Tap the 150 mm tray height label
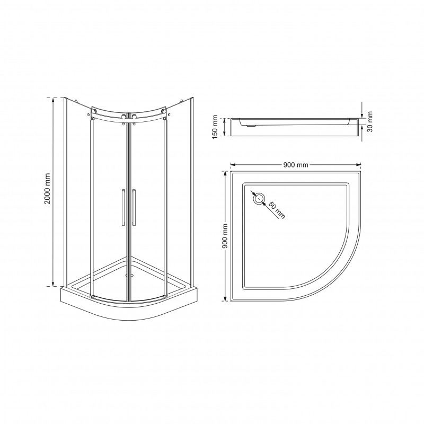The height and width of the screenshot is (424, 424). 215,127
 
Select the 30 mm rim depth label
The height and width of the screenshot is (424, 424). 370,121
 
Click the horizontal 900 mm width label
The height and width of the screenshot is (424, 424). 296,164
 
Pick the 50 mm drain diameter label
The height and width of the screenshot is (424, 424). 277,210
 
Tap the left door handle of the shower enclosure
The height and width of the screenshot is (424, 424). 123,207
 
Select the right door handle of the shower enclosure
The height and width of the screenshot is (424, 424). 134,207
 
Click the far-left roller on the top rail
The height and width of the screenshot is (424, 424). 94,111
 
